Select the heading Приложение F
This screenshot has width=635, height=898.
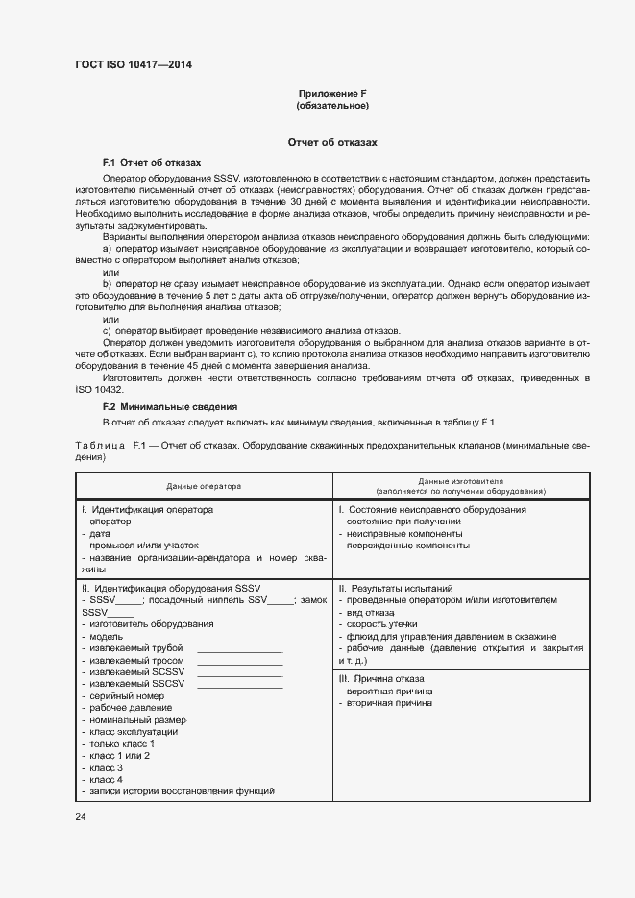[x=332, y=93]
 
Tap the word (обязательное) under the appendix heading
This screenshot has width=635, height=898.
[x=332, y=105]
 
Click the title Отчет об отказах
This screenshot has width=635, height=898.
[x=332, y=142]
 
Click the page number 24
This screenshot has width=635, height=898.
[x=81, y=816]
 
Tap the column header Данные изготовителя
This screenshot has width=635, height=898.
[x=461, y=480]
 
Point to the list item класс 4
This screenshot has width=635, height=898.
[x=105, y=779]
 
